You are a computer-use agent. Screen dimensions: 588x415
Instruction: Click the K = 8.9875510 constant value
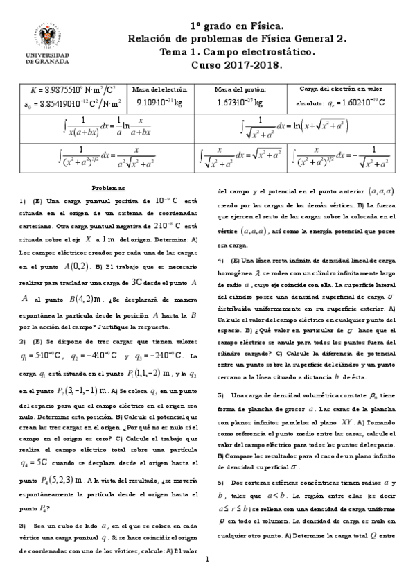coord(72,90)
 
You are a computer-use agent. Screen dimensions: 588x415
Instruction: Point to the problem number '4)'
coord(221,260)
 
